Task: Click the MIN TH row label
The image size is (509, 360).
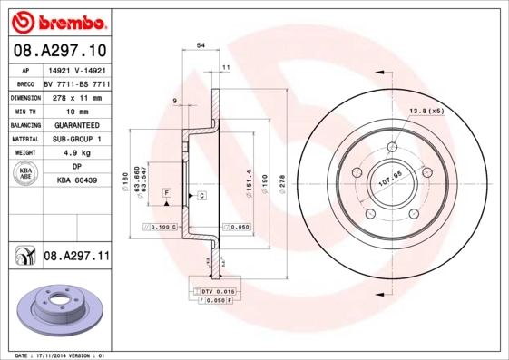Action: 22,110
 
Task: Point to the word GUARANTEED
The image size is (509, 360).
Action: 76,124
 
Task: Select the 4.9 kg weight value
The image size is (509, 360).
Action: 76,153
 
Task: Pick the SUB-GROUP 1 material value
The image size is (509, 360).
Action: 76,139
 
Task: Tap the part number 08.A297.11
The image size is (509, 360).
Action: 76,258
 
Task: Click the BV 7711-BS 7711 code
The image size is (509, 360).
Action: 76,81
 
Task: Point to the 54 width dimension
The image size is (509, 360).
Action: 201,44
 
